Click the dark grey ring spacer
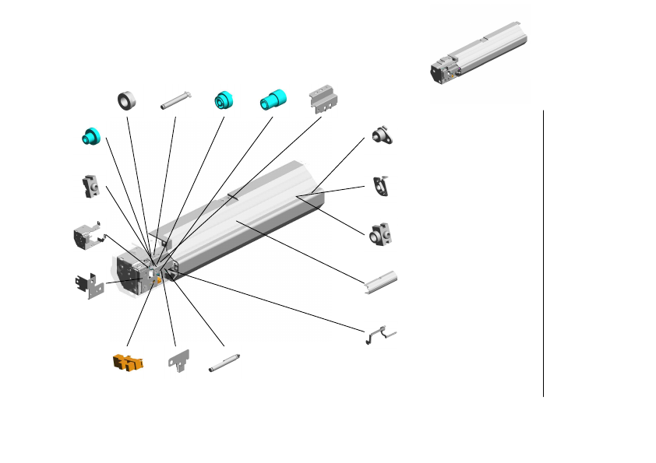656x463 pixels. pyautogui.click(x=127, y=101)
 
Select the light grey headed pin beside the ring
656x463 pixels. pyautogui.click(x=175, y=102)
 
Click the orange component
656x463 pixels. pyautogui.click(x=128, y=362)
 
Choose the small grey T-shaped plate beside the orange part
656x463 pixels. pyautogui.click(x=179, y=360)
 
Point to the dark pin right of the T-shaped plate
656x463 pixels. pyautogui.click(x=224, y=362)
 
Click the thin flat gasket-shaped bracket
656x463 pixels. pyautogui.click(x=382, y=186)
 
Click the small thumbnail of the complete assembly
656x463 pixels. pyautogui.click(x=478, y=54)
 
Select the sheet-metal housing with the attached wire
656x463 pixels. pyautogui.click(x=88, y=236)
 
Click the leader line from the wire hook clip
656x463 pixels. pyautogui.click(x=273, y=306)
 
